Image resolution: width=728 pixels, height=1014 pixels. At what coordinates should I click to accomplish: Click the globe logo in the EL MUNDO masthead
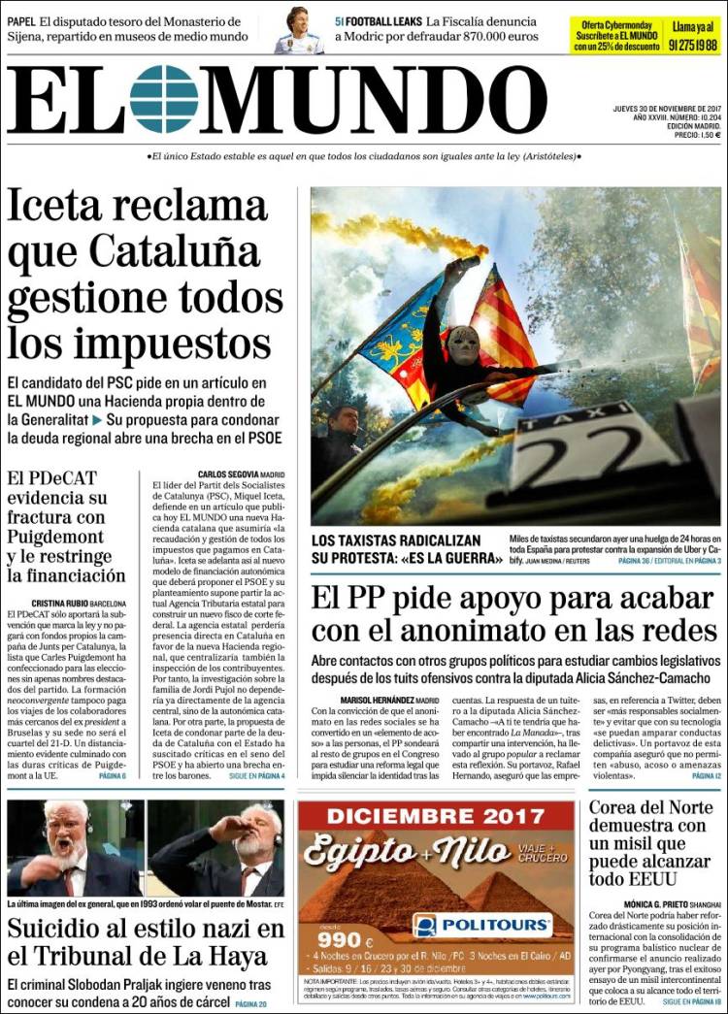(x=164, y=99)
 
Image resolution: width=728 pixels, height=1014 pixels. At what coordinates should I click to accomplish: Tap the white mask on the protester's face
(x=463, y=345)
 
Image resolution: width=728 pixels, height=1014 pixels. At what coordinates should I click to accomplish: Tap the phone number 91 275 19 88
(x=692, y=45)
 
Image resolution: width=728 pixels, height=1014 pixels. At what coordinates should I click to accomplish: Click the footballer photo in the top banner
(x=298, y=30)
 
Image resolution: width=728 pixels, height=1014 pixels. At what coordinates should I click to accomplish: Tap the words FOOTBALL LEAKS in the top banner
(x=381, y=20)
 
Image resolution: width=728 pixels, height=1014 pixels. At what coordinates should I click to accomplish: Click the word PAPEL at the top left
(x=24, y=20)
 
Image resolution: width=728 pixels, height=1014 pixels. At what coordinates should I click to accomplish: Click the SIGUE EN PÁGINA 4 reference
(x=256, y=775)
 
